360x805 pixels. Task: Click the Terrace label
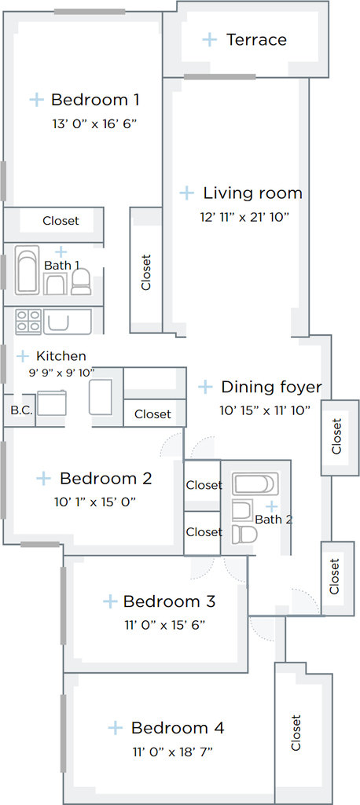click(256, 39)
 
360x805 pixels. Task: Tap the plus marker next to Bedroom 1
click(36, 100)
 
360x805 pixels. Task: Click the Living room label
click(252, 193)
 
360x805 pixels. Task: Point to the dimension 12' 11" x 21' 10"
click(245, 217)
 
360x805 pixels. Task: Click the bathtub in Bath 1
click(28, 270)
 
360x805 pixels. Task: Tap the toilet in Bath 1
click(80, 282)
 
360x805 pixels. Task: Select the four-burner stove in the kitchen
click(28, 322)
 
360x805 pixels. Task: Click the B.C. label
click(20, 410)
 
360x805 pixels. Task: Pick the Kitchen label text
click(61, 356)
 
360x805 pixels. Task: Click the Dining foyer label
click(272, 387)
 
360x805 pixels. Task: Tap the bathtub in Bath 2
click(255, 483)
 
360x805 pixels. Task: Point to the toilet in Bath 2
click(244, 534)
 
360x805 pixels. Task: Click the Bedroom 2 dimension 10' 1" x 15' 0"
click(95, 502)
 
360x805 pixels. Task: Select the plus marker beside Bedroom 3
click(110, 601)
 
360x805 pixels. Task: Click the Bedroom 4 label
click(178, 728)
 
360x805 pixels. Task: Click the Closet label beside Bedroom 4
click(296, 733)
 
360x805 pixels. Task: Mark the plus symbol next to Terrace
click(210, 39)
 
